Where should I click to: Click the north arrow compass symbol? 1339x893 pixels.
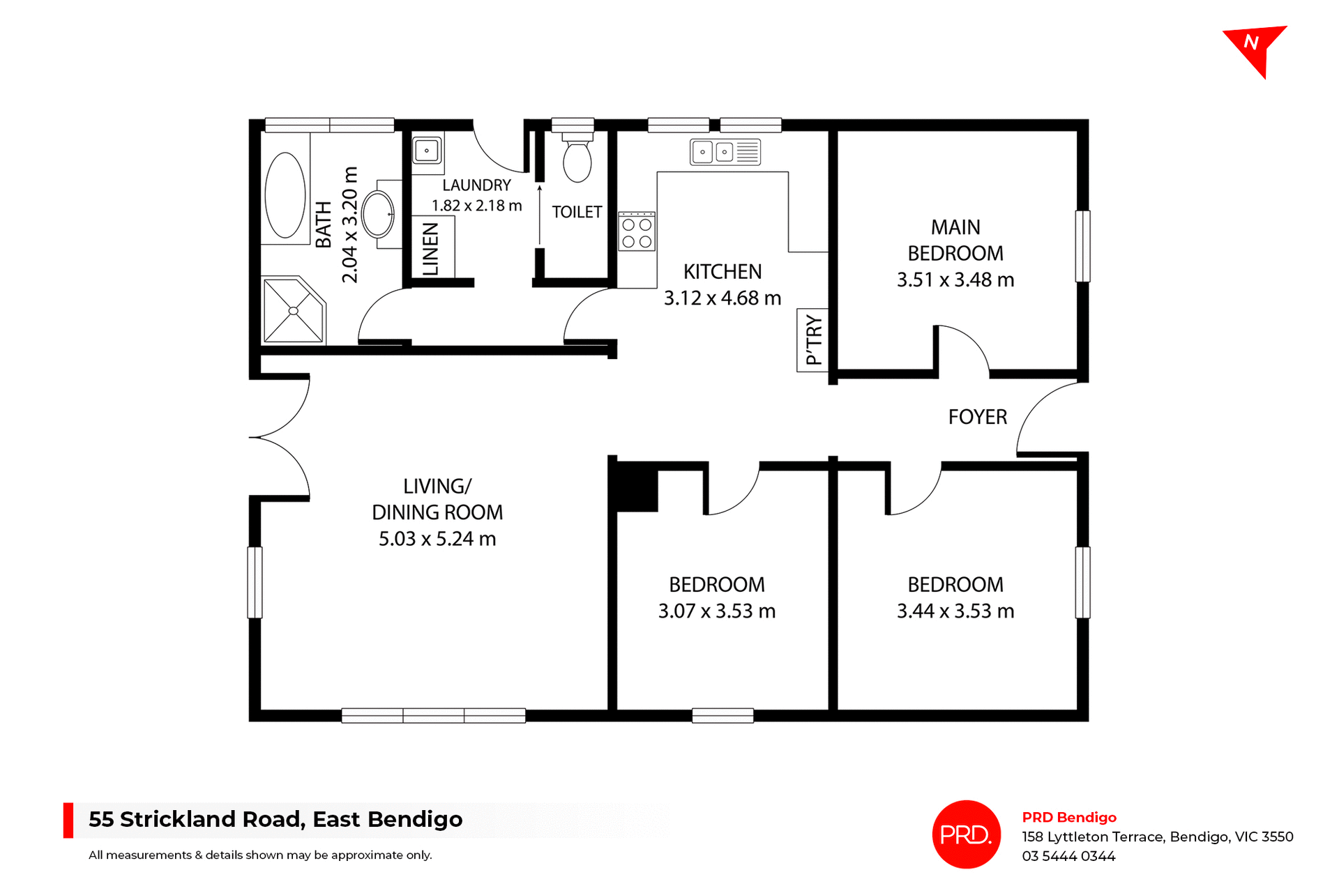[x=1255, y=47]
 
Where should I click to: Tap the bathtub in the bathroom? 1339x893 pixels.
[x=285, y=196]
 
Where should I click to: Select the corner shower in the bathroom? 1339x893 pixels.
[x=294, y=310]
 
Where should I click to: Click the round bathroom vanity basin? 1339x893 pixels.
[x=378, y=214]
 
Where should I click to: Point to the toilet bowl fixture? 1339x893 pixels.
[x=577, y=161]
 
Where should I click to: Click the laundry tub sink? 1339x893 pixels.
[x=426, y=151]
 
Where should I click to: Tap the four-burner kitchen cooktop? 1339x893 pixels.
[x=637, y=233]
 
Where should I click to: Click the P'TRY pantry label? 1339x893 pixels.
[x=813, y=339]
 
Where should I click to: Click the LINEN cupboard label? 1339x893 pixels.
[x=431, y=249]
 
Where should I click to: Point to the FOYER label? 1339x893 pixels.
[x=977, y=417]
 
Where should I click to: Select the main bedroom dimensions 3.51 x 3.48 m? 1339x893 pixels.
[x=955, y=280]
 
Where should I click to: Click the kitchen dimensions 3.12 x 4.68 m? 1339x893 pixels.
[x=722, y=298]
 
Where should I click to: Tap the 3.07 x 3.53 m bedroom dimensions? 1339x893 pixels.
[x=716, y=611]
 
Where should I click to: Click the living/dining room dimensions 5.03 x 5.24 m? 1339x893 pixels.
[x=437, y=539]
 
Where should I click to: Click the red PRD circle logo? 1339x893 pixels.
[x=966, y=834]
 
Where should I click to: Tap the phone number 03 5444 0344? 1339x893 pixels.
[x=1068, y=856]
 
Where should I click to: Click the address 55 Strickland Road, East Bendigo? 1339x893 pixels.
[x=275, y=819]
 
